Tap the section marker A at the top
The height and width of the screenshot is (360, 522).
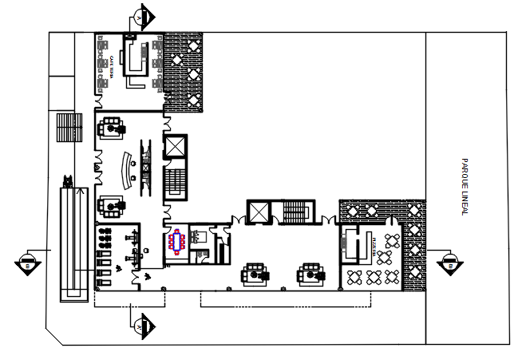coord(141,17)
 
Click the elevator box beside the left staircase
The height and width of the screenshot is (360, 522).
coord(174,147)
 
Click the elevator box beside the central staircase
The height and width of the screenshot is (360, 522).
coord(259,212)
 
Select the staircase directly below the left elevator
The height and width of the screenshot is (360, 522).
coord(174,183)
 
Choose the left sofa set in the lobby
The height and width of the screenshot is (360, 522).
coord(256,273)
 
